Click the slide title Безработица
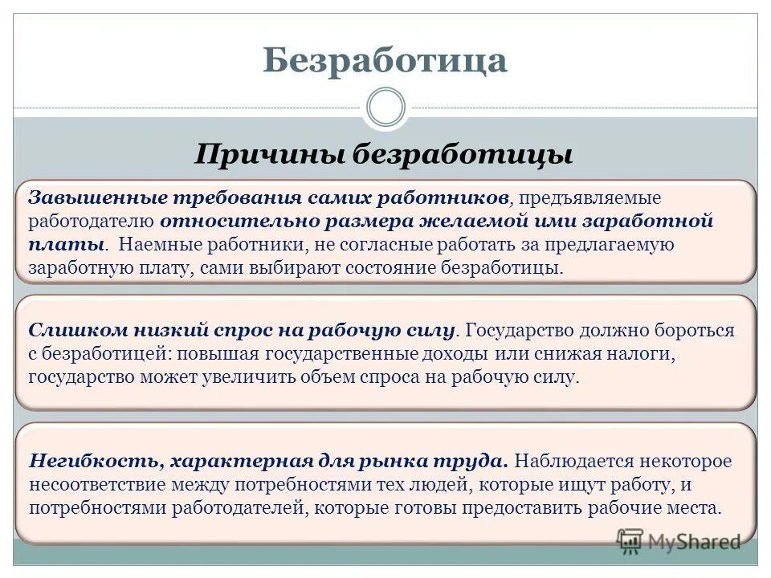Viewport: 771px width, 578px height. [x=385, y=60]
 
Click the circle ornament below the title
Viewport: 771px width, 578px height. [x=385, y=108]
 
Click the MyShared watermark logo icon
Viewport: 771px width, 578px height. [x=630, y=540]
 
